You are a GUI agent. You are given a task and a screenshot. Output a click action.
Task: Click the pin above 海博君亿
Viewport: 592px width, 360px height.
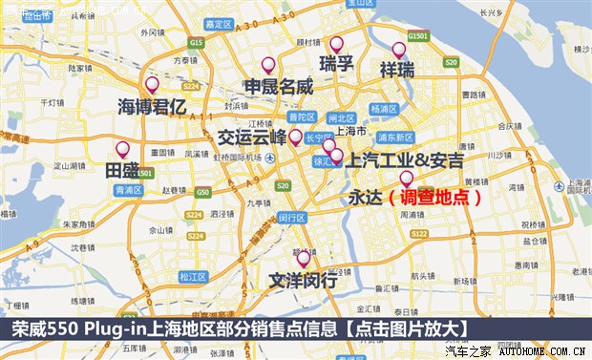coord(152,84)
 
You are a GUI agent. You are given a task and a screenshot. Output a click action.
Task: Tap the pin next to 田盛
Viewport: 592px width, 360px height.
coord(122,149)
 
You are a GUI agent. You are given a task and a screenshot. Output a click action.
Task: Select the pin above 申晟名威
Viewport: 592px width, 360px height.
coord(268,65)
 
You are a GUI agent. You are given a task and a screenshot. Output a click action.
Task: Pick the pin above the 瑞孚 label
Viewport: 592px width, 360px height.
coord(336,44)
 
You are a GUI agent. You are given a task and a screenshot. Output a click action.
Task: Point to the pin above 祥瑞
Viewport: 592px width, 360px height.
coord(399,49)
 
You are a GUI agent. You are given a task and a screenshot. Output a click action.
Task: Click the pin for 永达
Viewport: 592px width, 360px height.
coord(406,178)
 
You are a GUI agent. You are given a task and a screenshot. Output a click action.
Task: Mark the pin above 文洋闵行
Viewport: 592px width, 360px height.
coord(304,258)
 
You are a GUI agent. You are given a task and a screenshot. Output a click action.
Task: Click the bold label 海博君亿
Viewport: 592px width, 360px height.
coord(152,106)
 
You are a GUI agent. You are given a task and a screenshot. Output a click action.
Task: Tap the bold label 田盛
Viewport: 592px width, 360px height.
coord(122,170)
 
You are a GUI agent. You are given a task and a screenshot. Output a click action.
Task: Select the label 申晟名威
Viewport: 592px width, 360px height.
coord(279,87)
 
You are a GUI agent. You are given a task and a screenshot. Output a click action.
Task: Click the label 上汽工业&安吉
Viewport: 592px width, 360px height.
coord(405,159)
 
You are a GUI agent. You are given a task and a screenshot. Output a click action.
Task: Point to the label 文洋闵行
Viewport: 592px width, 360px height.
coord(303,281)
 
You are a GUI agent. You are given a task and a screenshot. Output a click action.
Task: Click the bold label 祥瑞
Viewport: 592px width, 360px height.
coord(397,70)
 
